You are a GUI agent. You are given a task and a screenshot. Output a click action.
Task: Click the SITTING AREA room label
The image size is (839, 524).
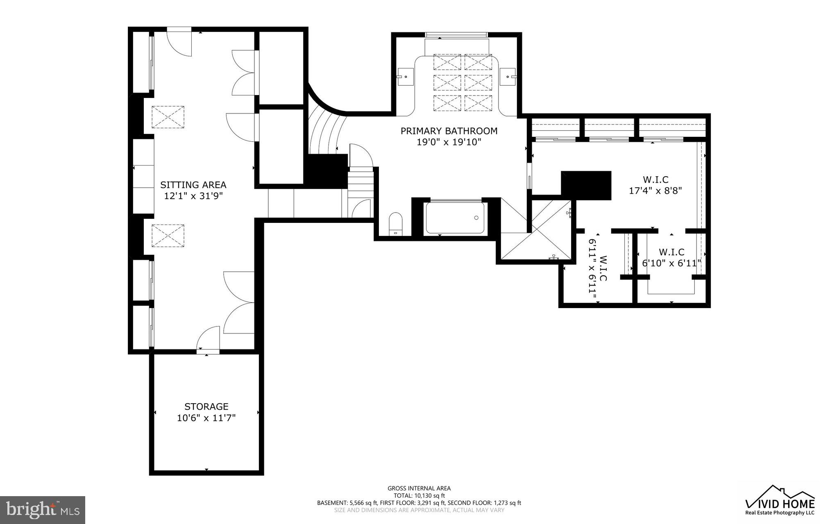click(193, 185)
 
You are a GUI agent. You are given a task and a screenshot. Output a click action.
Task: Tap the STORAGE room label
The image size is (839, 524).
click(206, 406)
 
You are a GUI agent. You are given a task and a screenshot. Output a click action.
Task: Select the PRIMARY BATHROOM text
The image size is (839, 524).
click(449, 131)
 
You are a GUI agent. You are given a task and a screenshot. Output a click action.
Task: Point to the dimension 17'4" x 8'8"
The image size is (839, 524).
click(655, 191)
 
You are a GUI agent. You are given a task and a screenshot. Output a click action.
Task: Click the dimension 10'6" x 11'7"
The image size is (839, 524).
click(206, 418)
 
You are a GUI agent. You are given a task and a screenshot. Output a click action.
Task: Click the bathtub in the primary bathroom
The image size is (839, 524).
click(454, 218)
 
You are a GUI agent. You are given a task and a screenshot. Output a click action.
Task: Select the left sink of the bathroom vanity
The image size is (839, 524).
click(406, 77)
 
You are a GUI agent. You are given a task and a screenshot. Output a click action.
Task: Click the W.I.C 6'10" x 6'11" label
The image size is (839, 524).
click(671, 258)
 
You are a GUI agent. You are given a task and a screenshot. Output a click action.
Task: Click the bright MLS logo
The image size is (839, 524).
click(43, 509)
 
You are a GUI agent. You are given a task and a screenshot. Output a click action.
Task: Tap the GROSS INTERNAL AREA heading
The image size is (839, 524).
click(419, 488)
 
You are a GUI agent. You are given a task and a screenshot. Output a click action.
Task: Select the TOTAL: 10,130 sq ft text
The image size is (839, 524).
click(419, 495)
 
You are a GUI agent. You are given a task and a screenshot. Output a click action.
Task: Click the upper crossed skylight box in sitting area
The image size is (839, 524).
click(168, 117)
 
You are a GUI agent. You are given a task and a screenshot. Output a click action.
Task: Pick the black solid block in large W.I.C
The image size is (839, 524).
click(586, 185)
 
